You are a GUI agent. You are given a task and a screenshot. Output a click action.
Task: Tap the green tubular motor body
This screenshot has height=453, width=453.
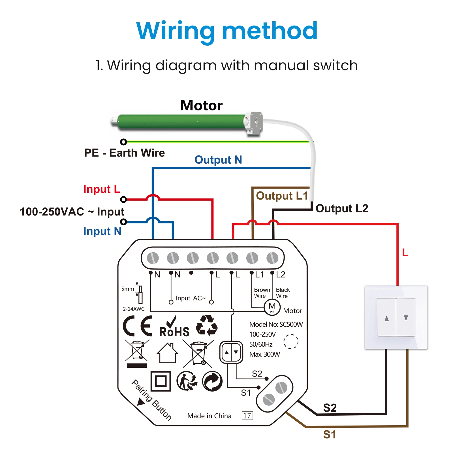point(181,122)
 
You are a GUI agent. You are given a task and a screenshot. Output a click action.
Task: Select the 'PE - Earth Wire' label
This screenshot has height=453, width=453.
point(124,153)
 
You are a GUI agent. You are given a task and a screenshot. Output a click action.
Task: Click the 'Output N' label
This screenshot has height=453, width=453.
point(218,160)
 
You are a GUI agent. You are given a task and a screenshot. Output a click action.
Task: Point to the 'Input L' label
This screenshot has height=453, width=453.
point(102,189)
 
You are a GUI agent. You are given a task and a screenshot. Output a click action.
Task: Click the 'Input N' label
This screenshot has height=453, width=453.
point(102,231)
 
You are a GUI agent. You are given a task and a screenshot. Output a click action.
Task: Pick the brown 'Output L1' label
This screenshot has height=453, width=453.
point(282,196)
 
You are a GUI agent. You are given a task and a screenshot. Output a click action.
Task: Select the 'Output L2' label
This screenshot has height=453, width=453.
point(342,209)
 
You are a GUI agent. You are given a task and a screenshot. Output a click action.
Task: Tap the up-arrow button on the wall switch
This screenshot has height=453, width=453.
point(386,317)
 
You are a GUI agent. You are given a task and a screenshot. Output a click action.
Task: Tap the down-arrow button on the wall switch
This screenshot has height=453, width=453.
point(406,317)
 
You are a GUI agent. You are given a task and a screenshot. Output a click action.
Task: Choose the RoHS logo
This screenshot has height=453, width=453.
point(174,327)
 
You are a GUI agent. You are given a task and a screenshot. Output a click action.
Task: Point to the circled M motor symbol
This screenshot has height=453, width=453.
point(272,307)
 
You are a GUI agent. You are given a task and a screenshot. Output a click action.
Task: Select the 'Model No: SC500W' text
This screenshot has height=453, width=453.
point(276,324)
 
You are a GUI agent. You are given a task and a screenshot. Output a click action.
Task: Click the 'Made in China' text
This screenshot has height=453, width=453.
point(209,416)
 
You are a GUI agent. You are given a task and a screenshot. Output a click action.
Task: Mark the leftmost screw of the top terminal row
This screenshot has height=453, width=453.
point(153,258)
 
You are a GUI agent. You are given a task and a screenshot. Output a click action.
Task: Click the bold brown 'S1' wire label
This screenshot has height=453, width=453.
point(330,435)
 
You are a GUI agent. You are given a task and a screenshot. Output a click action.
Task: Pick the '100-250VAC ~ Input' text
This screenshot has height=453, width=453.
point(72,212)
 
